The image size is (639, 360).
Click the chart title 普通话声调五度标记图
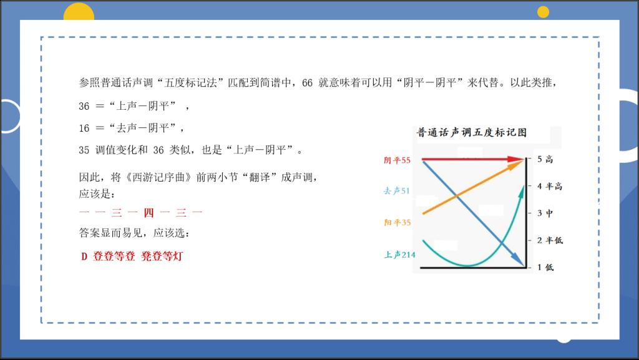[x=472, y=132]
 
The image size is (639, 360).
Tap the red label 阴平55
[x=397, y=160]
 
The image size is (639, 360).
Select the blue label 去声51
[x=396, y=190]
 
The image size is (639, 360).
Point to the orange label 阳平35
[x=398, y=222]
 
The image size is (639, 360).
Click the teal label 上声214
[x=400, y=255]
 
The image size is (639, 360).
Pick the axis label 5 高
[x=545, y=159]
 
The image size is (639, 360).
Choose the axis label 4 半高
[x=550, y=186]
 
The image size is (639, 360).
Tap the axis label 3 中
[x=545, y=213]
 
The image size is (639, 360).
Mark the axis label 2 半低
[x=550, y=240]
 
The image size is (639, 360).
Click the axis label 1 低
[x=545, y=267]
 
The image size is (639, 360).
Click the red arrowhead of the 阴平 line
[x=516, y=159]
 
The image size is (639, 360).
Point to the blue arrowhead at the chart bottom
[x=519, y=260]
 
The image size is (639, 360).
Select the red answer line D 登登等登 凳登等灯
[x=132, y=256]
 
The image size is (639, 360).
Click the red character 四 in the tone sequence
[x=149, y=212]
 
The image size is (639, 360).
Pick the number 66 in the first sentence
[x=307, y=83]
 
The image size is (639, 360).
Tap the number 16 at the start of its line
[x=84, y=129]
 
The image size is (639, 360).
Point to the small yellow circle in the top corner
[x=543, y=12]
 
